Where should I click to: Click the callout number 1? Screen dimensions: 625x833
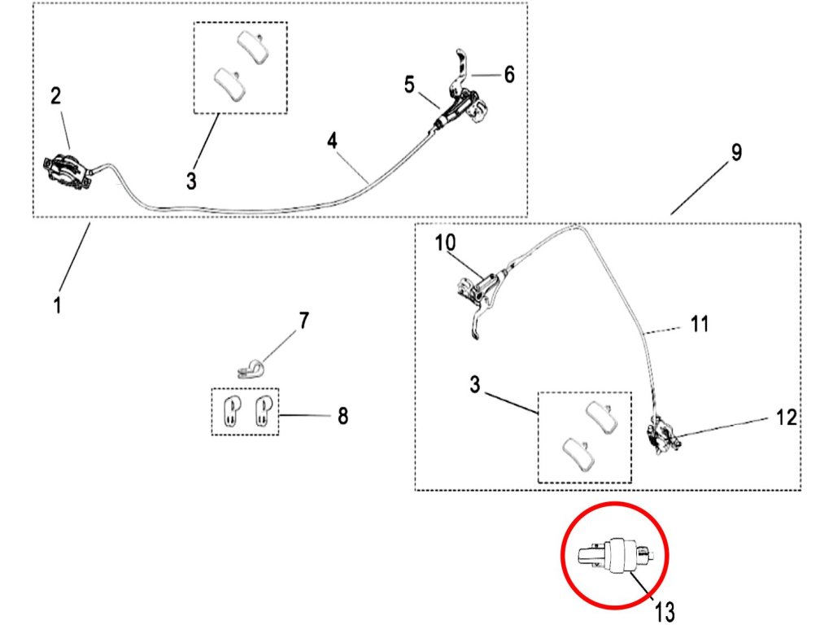(x=58, y=307)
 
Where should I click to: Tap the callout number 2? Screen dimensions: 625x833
(x=55, y=96)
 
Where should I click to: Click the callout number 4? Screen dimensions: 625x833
(x=332, y=140)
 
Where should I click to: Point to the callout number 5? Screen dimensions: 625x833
(x=409, y=84)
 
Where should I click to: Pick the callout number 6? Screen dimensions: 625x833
(x=509, y=75)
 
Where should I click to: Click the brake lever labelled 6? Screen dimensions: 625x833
(x=462, y=64)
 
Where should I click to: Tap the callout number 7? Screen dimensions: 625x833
(x=303, y=321)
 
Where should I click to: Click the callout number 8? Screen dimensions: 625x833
(x=342, y=416)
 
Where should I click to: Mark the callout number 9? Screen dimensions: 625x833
(x=736, y=152)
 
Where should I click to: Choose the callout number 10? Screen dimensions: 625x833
(x=447, y=243)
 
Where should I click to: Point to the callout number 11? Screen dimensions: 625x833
(x=700, y=325)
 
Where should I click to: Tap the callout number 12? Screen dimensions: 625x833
(x=786, y=417)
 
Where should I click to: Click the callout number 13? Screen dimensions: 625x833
(x=665, y=611)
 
